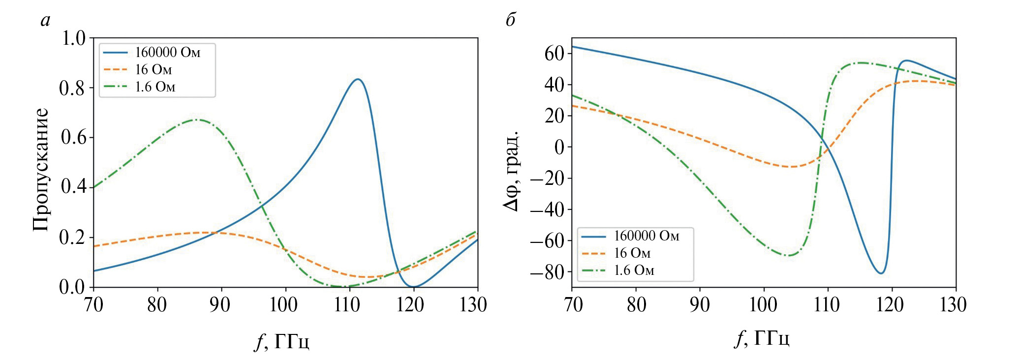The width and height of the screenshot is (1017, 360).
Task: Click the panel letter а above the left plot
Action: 45,20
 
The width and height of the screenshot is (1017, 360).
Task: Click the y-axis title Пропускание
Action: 41,170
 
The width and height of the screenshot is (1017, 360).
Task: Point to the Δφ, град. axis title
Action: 511,171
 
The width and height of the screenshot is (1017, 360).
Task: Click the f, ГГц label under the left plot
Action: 282,340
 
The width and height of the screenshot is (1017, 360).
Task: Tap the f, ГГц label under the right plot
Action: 762,338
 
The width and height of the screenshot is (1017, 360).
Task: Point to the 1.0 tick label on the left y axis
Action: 73,38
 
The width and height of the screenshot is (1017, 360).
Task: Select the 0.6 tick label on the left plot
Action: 73,137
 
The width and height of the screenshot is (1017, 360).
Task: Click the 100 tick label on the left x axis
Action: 283,305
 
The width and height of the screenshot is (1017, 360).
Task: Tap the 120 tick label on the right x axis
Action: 890,305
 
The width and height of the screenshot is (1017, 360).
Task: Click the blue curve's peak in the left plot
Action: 358,79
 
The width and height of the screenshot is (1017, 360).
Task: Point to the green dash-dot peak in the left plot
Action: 197,120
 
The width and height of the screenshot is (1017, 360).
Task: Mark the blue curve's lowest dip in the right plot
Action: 881,273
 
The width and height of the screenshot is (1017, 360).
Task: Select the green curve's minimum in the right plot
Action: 788,255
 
